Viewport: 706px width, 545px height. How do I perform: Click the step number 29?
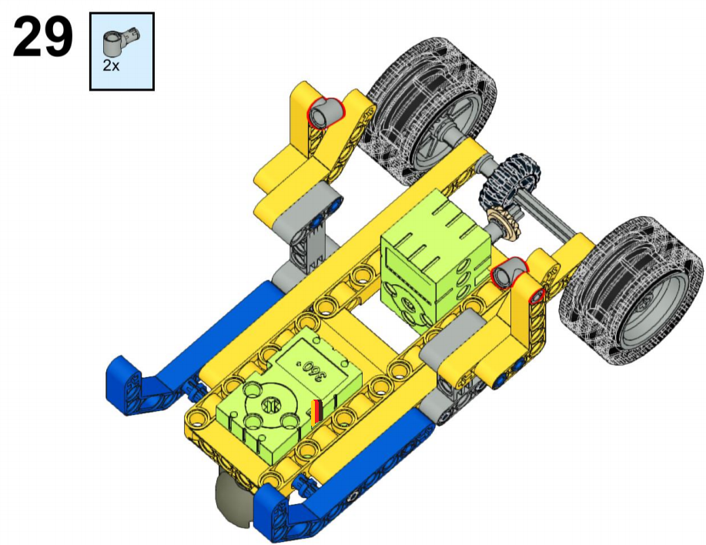(43, 37)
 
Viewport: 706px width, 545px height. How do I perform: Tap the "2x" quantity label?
(111, 65)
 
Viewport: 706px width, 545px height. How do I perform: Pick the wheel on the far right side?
(631, 291)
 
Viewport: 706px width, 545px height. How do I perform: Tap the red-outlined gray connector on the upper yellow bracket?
(325, 112)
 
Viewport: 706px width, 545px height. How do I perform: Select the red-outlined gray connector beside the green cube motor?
(509, 272)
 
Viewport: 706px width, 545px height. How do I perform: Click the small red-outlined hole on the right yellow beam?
(537, 297)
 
